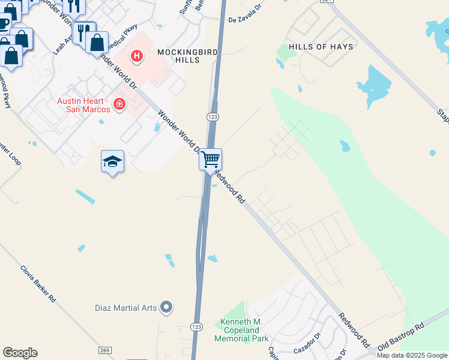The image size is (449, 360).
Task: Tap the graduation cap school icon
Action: [112, 161]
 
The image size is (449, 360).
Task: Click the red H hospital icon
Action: [137, 56]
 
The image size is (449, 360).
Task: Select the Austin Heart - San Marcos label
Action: [83, 105]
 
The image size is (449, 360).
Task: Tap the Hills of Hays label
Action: [321, 47]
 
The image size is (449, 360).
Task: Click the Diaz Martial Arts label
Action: [125, 308]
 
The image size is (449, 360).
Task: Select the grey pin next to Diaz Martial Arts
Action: [167, 308]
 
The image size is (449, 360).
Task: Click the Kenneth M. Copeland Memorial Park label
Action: [241, 331]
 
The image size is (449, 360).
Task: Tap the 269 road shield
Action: [105, 350]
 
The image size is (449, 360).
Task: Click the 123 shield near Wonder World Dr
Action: [212, 116]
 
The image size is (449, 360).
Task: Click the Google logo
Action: [20, 353]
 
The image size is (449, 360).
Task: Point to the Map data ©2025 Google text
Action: [412, 355]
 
